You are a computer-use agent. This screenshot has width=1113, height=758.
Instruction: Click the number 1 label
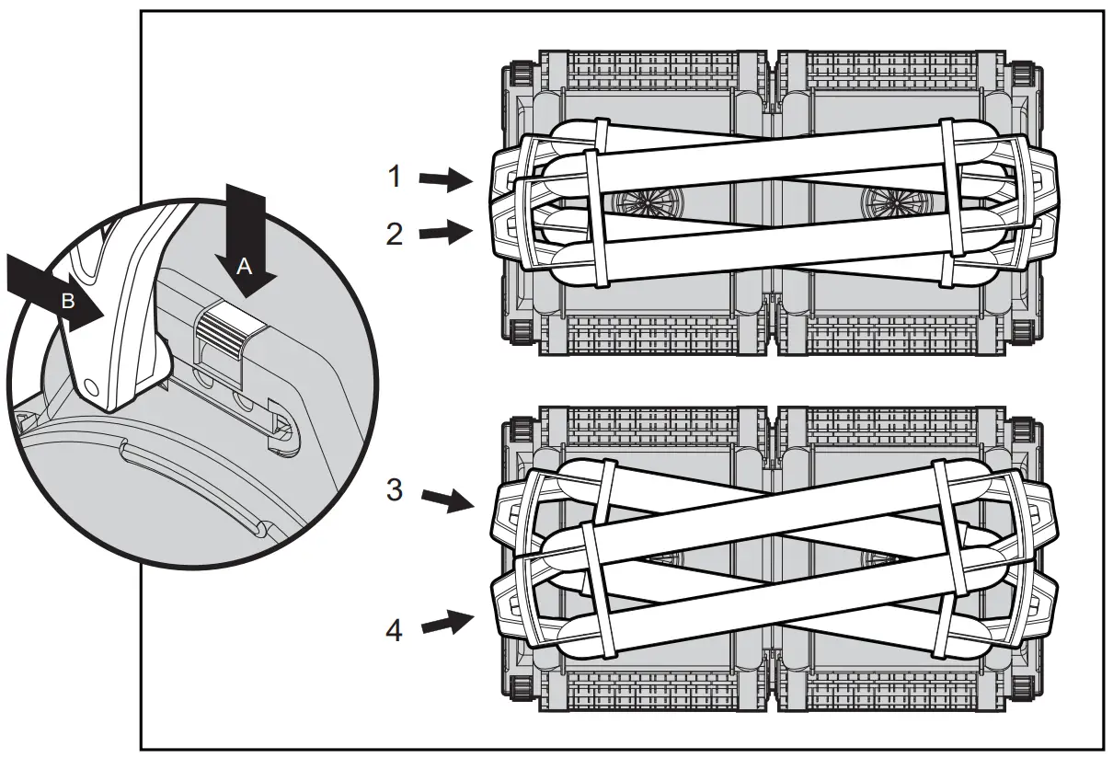[394, 176]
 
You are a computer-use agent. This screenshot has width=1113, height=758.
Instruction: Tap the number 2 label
[394, 235]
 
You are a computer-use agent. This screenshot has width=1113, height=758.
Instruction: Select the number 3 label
[394, 490]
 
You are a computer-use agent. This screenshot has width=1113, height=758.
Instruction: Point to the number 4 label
[394, 632]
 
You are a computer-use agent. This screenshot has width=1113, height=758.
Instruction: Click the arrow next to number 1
[446, 180]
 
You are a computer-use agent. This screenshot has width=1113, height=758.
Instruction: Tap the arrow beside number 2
[446, 232]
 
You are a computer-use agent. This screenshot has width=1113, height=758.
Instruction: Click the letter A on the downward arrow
[244, 266]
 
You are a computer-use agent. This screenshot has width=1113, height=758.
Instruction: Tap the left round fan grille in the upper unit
[644, 200]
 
